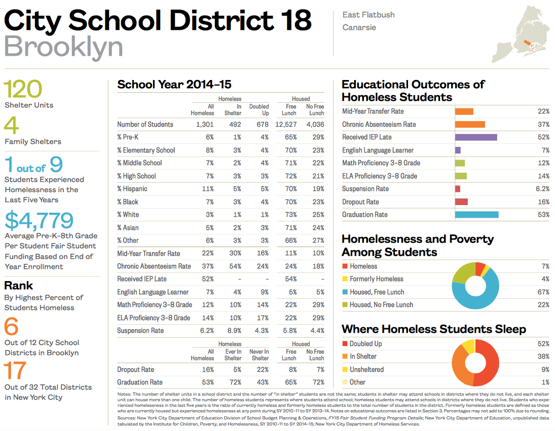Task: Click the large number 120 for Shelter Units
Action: (23, 90)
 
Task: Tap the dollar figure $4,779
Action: (40, 220)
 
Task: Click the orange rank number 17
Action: (15, 371)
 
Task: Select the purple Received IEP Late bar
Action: (475, 137)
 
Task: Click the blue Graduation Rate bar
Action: (476, 215)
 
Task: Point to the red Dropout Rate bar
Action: (461, 202)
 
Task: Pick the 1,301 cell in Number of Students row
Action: (204, 125)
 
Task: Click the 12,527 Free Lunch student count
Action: (286, 125)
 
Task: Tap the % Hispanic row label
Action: (132, 189)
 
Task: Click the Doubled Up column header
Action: (259, 110)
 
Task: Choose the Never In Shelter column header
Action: (259, 355)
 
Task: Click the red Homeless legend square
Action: (345, 266)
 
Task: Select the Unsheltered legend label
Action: (366, 370)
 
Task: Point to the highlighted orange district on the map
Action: (528, 45)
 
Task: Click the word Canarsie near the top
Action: (359, 27)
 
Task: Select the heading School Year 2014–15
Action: (174, 85)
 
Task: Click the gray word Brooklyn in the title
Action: (64, 47)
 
